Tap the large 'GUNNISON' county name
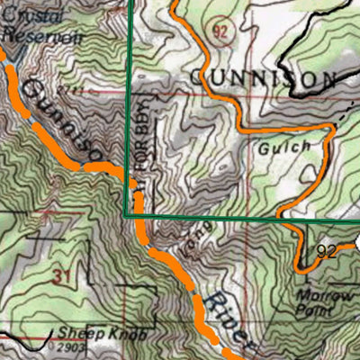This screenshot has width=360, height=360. pos(261,79)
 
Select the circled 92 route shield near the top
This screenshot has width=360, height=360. pos(220,31)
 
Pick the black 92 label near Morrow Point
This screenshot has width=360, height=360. pos(326,252)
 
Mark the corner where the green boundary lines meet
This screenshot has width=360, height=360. pos(125,216)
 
